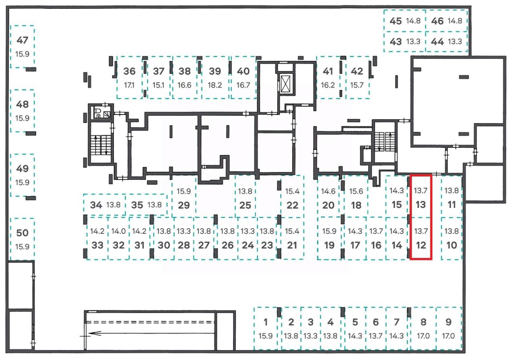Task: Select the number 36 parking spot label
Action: click(129, 71)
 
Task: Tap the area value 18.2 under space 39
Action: click(215, 85)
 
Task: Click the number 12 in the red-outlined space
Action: click(421, 245)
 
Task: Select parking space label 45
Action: click(396, 21)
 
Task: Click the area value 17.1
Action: click(129, 85)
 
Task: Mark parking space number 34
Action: click(96, 205)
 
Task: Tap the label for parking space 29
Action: click(184, 205)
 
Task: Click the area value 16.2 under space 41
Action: click(328, 85)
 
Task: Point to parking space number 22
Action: click(293, 205)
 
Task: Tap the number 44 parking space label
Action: click(437, 42)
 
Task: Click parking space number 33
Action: click(97, 245)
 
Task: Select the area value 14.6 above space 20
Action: click(328, 191)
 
